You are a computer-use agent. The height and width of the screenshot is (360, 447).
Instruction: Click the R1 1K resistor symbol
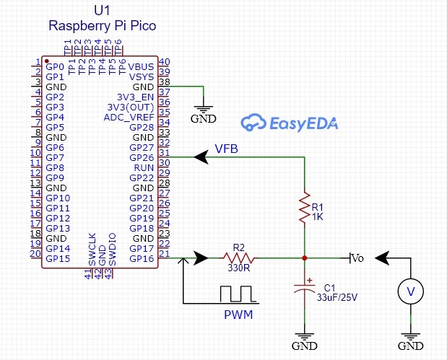tap(305, 207)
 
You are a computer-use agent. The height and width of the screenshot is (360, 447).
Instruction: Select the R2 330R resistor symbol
tap(238, 258)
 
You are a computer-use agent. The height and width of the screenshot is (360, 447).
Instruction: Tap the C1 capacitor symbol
tap(305, 288)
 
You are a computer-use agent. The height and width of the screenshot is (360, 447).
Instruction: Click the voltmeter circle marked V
tap(410, 291)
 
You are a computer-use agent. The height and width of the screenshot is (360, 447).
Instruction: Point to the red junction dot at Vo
tap(305, 258)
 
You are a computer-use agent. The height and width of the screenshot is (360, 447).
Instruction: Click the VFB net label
tap(226, 149)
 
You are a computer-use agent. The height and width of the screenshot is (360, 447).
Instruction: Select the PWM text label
tap(238, 315)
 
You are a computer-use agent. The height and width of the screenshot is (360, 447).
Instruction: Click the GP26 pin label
tap(142, 158)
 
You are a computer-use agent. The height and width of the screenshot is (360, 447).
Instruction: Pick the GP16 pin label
tap(142, 258)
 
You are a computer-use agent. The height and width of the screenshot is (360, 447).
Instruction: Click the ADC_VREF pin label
tap(129, 118)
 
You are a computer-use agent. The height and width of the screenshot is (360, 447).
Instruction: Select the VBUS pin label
tap(141, 67)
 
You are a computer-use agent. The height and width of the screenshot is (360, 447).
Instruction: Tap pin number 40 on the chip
tap(164, 61)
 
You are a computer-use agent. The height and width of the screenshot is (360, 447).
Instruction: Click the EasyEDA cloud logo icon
tap(253, 123)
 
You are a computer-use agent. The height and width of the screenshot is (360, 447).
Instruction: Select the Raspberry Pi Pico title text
tap(103, 26)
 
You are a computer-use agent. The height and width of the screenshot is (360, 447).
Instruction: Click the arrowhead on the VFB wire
tap(201, 157)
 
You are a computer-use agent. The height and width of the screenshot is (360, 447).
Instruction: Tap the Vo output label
tap(357, 258)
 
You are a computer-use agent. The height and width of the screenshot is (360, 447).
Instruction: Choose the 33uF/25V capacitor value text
tap(337, 297)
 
